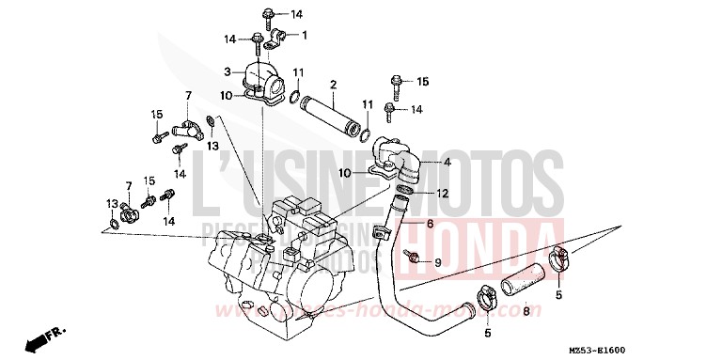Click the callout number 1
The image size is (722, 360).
coord(305,35)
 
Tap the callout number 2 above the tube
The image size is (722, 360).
coord(333,86)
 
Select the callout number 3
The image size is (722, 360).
coord(227,71)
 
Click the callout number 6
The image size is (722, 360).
coord(430,225)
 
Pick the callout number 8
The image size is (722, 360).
coord(526,310)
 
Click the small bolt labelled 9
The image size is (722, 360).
coord(412,257)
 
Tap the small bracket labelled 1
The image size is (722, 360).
coord(275,39)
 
